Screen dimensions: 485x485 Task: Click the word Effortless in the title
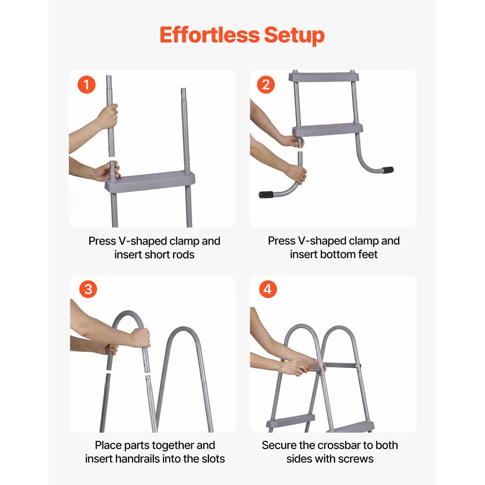tap(209, 35)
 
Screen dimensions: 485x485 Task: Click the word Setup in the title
tap(294, 35)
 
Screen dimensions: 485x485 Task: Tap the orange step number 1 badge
tap(86, 85)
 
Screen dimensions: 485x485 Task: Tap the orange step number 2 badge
tap(266, 85)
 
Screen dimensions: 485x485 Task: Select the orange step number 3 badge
tap(87, 290)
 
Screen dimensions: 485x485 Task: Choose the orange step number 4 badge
tap(267, 290)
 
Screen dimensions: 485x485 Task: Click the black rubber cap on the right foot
tap(387, 170)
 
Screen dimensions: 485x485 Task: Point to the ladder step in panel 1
tap(150, 182)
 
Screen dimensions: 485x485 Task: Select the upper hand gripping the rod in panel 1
tap(108, 116)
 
